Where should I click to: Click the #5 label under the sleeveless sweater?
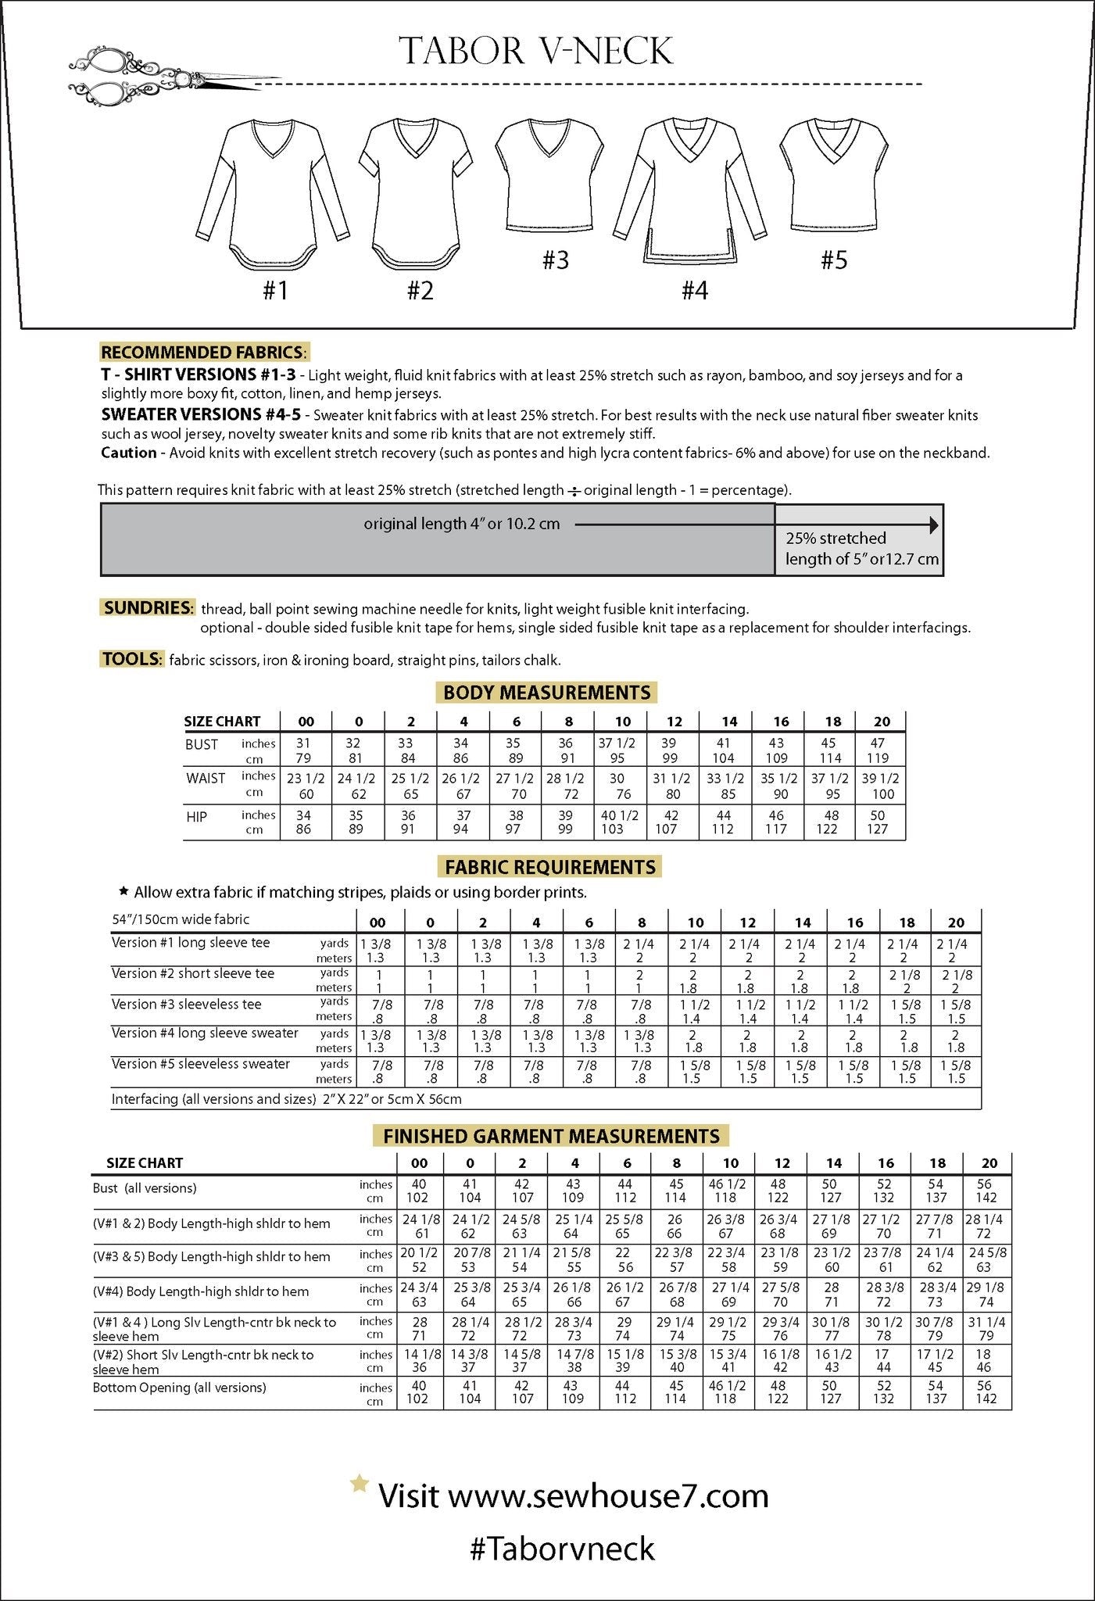click(x=834, y=260)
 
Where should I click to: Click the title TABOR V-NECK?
click(x=536, y=52)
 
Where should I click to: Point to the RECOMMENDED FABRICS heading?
click(x=204, y=353)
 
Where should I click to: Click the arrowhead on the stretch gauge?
click(x=933, y=525)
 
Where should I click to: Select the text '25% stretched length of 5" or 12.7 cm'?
click(x=861, y=549)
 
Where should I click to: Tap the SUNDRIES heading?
click(x=148, y=607)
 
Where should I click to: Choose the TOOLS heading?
click(x=131, y=659)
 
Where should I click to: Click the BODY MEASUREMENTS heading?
click(x=546, y=693)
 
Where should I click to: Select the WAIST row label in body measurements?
click(x=206, y=779)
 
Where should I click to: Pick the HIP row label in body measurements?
click(x=197, y=817)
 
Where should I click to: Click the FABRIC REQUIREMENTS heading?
click(x=550, y=867)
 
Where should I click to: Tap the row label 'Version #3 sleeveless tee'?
click(x=187, y=1005)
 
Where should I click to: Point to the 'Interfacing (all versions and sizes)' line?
click(x=286, y=1099)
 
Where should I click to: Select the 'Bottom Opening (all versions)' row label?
click(x=179, y=1388)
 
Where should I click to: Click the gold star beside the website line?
click(x=359, y=1483)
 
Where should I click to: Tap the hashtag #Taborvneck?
click(x=562, y=1549)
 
